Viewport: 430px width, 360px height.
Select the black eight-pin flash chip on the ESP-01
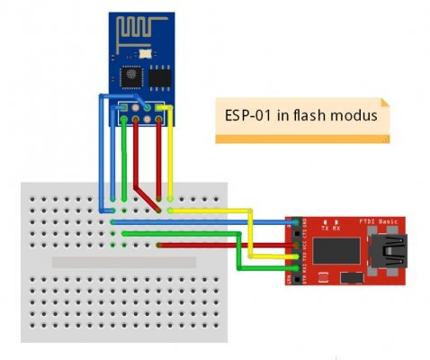[x=159, y=78]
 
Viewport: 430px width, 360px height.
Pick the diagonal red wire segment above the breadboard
[x=145, y=199]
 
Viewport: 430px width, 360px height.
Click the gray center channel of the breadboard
[x=123, y=261]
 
